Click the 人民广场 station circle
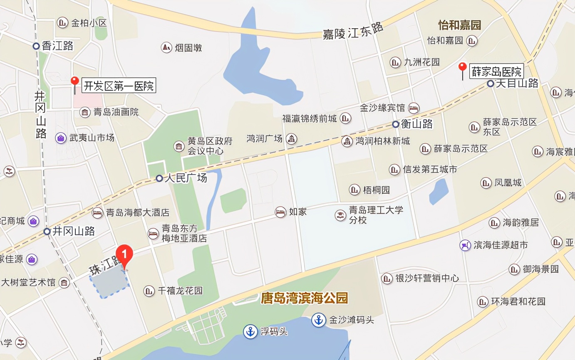tap(159, 178)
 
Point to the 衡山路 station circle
tap(396, 124)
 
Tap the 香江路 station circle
tap(36, 46)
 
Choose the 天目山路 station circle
tap(491, 84)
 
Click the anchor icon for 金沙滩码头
tap(318, 320)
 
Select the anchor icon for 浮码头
tap(250, 332)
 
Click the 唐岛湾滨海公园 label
tap(304, 298)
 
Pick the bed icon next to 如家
tap(281, 212)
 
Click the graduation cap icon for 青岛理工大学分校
tap(341, 215)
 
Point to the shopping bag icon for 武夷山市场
tap(61, 138)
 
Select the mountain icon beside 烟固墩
tap(166, 47)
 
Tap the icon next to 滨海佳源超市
tap(465, 245)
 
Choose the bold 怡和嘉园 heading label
tap(459, 25)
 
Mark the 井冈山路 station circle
tap(47, 232)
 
